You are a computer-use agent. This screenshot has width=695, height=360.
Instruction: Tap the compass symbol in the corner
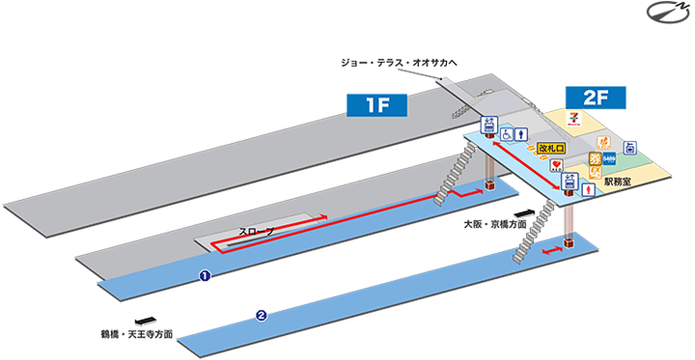click(665, 15)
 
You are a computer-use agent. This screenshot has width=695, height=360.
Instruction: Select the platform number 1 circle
click(205, 276)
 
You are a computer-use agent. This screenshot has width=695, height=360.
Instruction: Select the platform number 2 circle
click(262, 315)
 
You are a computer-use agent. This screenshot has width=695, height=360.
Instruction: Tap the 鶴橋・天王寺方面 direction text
click(137, 335)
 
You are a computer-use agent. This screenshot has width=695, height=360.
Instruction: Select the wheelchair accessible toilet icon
click(506, 136)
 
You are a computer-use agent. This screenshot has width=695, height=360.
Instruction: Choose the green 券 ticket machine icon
click(596, 158)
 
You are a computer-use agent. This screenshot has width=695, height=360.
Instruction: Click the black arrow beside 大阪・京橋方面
click(525, 209)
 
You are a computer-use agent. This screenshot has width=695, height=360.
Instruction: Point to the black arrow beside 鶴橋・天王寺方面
click(145, 320)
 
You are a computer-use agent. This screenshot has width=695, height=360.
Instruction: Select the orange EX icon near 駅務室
click(596, 172)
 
